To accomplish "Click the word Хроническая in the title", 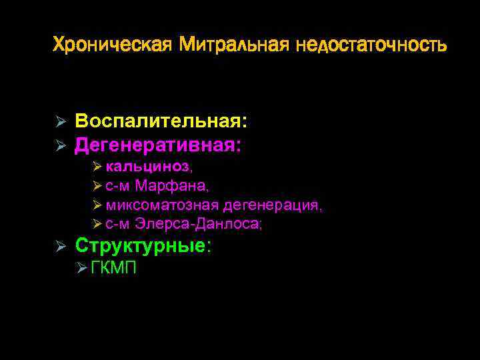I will click(x=112, y=45).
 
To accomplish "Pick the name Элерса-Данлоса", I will click(x=199, y=225).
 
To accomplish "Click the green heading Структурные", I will click(x=143, y=245).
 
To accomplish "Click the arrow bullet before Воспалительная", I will click(x=59, y=123).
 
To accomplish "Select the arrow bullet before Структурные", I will click(x=59, y=246).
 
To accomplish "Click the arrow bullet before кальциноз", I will click(x=98, y=167).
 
